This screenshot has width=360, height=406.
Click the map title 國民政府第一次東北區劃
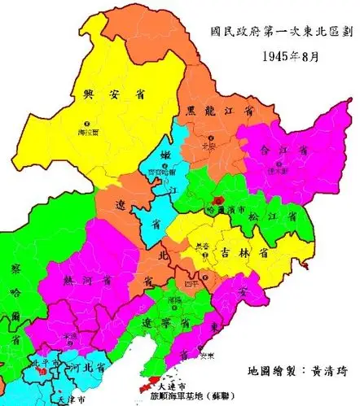point(280,35)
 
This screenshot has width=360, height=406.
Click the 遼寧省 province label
point(167,323)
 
